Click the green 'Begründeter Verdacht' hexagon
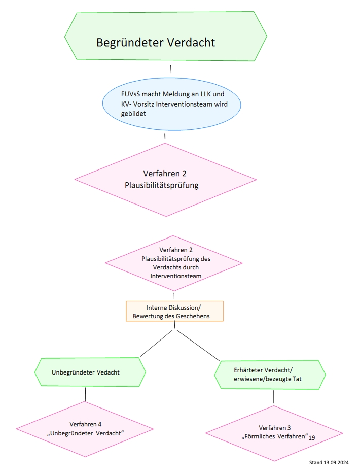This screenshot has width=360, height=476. pyautogui.click(x=165, y=37)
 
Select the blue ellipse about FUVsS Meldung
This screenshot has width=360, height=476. pyautogui.click(x=164, y=104)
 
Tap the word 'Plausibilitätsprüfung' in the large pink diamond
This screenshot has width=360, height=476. pyautogui.click(x=161, y=185)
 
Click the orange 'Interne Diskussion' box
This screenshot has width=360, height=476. pyautogui.click(x=174, y=312)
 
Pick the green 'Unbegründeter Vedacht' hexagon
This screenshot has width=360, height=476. pyautogui.click(x=90, y=372)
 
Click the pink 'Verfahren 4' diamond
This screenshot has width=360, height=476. pyautogui.click(x=85, y=428)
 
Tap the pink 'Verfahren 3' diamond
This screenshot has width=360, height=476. pyautogui.click(x=274, y=432)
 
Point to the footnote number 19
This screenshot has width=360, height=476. pyautogui.click(x=312, y=437)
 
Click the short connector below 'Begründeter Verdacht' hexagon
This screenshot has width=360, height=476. pyautogui.click(x=171, y=69)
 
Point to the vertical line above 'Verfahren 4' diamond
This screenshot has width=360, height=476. pyautogui.click(x=85, y=394)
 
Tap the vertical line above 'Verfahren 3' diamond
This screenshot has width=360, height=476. pyautogui.click(x=273, y=397)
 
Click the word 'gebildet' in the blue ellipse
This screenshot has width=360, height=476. pyautogui.click(x=126, y=114)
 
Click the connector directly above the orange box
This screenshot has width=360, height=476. pyautogui.click(x=174, y=296)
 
